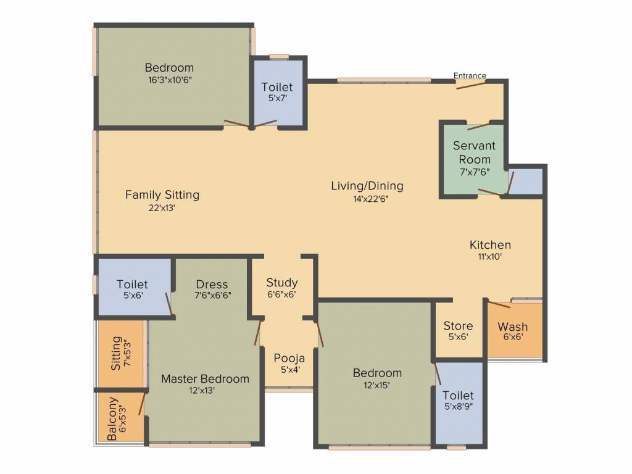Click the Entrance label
(x=470, y=76)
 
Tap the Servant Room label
(x=474, y=152)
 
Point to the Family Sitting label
(x=162, y=195)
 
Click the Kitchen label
(x=490, y=245)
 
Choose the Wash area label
(x=513, y=326)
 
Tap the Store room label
(x=459, y=326)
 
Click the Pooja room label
(x=289, y=358)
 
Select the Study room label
(x=282, y=283)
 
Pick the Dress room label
(x=212, y=285)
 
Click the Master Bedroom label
(x=205, y=379)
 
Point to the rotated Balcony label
(x=112, y=419)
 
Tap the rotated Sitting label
(x=116, y=353)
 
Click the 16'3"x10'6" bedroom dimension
(x=169, y=80)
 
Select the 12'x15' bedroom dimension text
(x=377, y=385)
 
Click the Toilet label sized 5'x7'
(x=277, y=87)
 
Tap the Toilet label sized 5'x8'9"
(x=458, y=395)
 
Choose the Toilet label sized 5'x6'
(x=133, y=285)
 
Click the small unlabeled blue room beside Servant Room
(x=526, y=181)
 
